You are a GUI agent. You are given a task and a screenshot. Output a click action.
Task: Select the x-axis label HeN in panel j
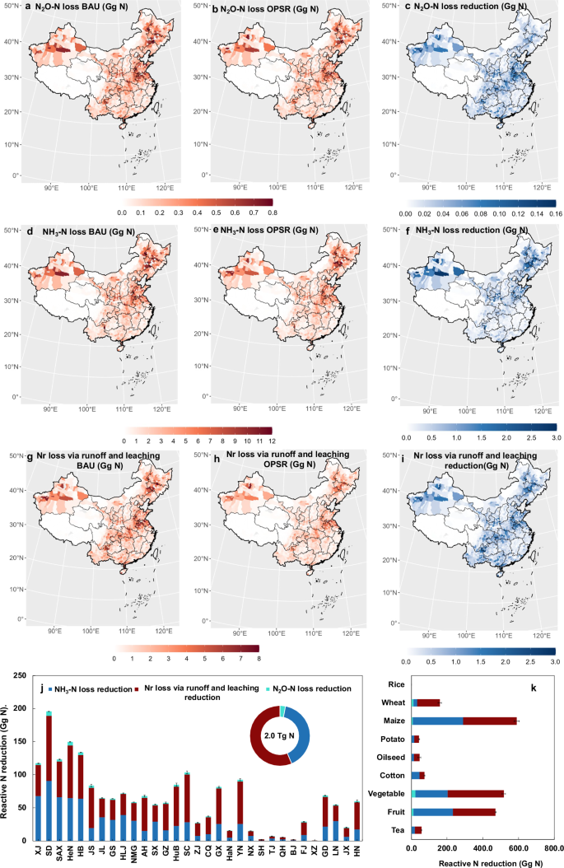(71, 852)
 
